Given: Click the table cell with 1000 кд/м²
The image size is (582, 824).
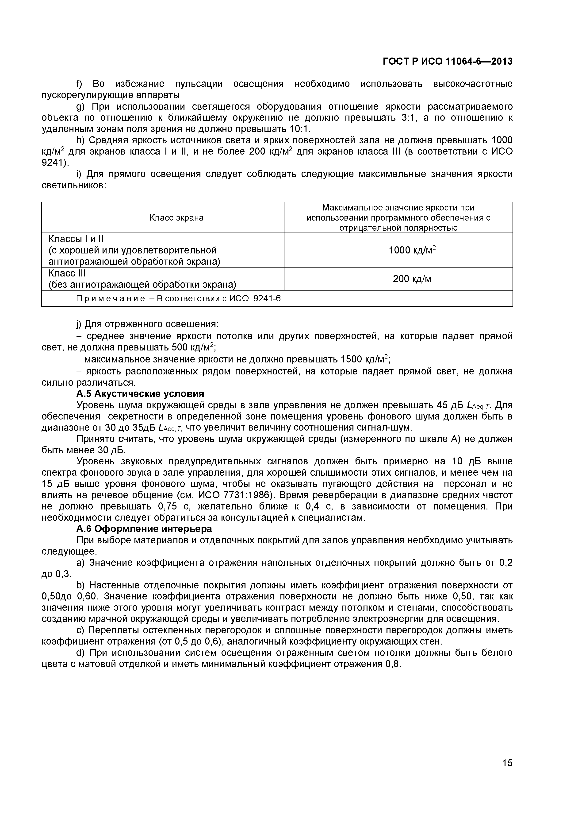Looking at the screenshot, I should click(412, 250).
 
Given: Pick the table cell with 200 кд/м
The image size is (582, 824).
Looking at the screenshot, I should click(412, 279).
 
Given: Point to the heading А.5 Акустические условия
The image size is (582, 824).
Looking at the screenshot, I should click(140, 394).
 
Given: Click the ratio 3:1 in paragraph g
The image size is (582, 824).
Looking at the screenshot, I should click(408, 118).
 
